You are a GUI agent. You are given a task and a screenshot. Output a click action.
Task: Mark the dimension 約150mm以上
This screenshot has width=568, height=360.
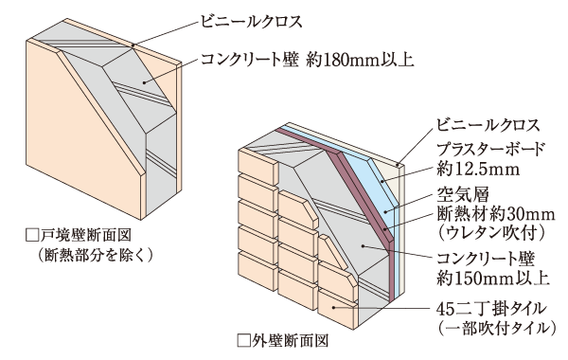[478, 279]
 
